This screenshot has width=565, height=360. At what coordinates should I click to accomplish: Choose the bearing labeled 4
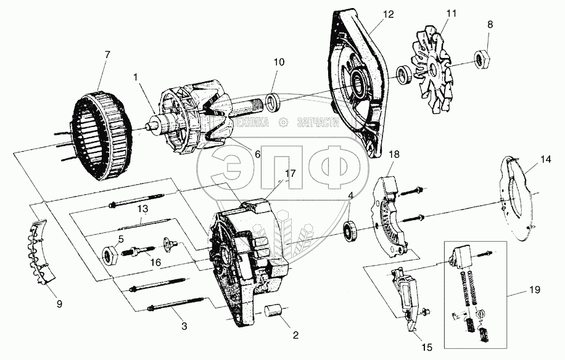pos(351,231)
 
